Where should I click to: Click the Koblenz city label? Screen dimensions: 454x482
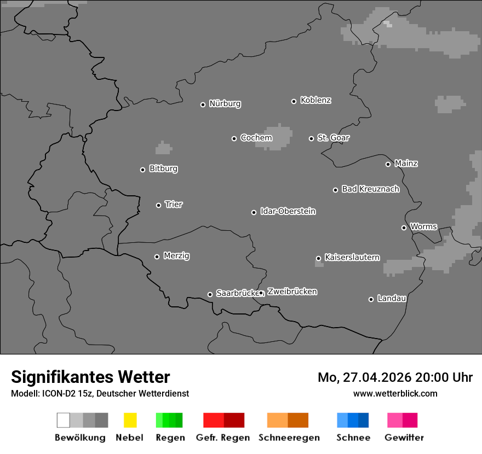tap(315, 100)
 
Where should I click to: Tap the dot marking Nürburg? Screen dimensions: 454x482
tap(203, 104)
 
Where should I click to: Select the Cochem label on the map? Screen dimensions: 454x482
tap(256, 138)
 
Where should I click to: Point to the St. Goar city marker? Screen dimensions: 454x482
tap(311, 138)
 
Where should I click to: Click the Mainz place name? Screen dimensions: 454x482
tap(406, 163)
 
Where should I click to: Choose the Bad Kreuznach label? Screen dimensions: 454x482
tap(370, 189)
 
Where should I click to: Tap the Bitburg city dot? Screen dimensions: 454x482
tap(142, 170)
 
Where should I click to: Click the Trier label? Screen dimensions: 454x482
tap(174, 204)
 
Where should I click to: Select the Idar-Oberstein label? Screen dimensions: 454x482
tap(288, 211)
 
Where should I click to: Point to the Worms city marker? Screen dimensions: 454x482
tap(404, 228)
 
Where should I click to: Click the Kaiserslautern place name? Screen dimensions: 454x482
tap(352, 257)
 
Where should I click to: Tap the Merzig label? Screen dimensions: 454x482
tap(176, 255)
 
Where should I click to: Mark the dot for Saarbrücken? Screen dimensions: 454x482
tap(210, 294)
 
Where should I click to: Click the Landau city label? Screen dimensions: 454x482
tap(392, 298)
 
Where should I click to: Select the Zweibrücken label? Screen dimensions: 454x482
tap(292, 292)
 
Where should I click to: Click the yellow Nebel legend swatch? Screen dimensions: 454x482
tap(130, 420)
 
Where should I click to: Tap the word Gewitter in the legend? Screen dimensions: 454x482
tap(404, 438)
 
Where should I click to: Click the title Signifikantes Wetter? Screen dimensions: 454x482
tap(90, 377)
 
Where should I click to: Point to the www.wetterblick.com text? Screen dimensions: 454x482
tap(395, 393)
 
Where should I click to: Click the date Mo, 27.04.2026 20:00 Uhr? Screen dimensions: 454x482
tap(395, 377)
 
